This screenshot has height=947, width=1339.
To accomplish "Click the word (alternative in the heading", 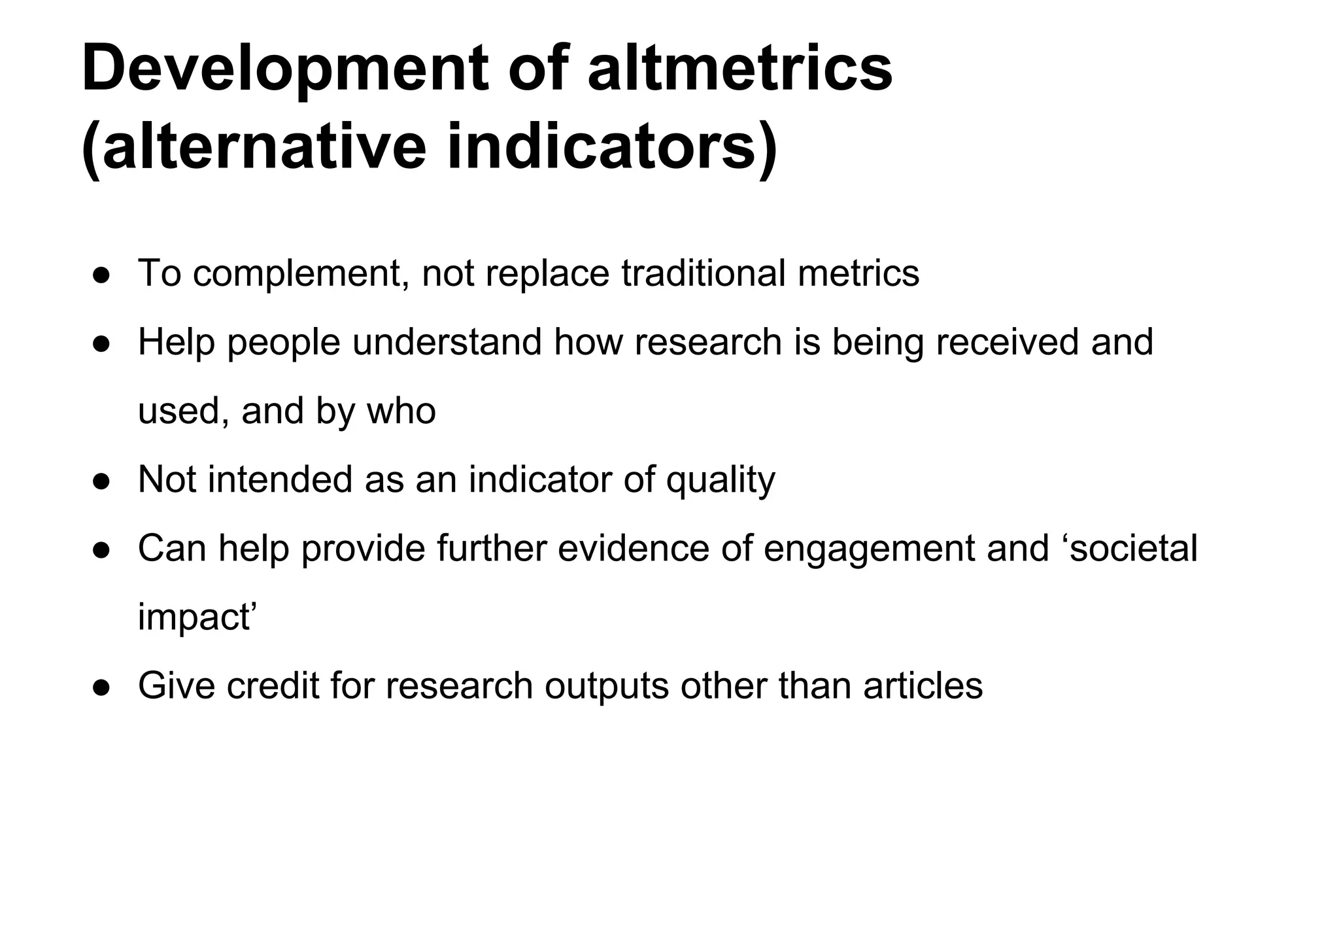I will (x=254, y=146).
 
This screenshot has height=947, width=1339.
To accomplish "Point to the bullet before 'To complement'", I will (x=101, y=275).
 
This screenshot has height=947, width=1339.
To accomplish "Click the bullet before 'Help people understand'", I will (x=101, y=343).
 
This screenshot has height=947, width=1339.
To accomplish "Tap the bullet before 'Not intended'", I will (x=101, y=481).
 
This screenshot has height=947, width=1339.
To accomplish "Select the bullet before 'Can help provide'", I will (x=101, y=549).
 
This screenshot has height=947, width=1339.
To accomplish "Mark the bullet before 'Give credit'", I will (x=101, y=687).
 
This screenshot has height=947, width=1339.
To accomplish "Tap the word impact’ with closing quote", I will (x=194, y=618).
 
